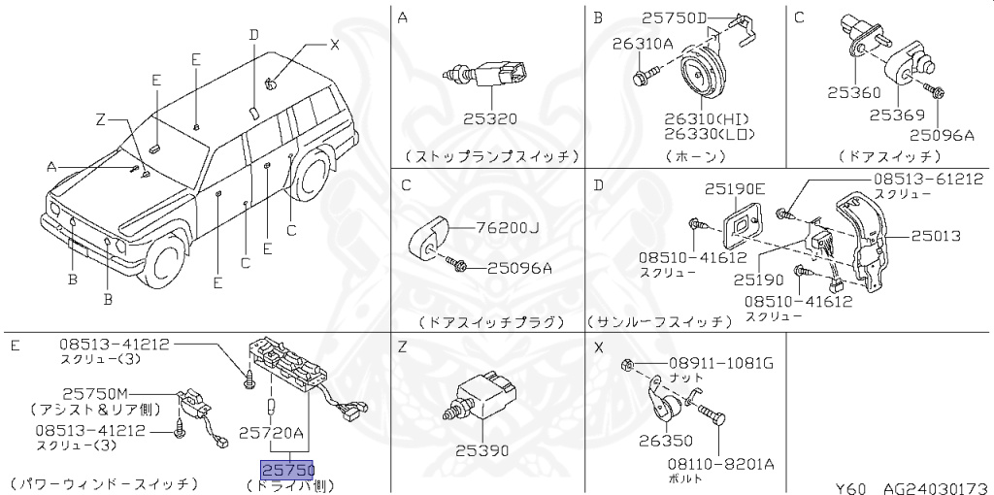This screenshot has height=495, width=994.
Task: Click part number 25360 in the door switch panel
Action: pos(853,93)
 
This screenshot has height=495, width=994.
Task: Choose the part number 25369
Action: pos(894,114)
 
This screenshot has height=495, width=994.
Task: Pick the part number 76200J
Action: pos(507,228)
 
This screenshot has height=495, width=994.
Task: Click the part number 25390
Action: pos(482,451)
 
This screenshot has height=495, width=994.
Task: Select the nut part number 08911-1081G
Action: pos(719,364)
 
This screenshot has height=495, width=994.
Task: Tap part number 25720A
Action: pos(272,432)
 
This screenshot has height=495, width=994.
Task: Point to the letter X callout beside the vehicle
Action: pos(335,44)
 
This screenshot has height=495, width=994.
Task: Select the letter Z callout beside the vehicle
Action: pos(99,120)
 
